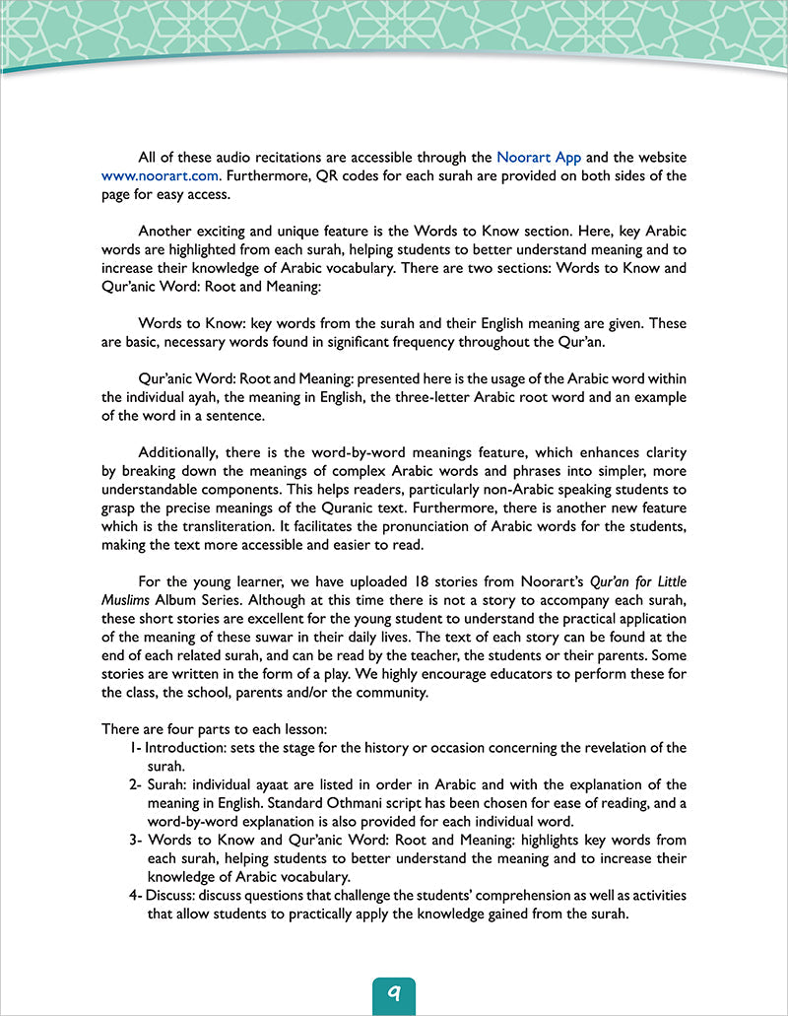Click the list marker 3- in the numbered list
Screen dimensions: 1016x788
[x=136, y=840]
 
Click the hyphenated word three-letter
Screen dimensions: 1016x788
[x=427, y=397]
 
